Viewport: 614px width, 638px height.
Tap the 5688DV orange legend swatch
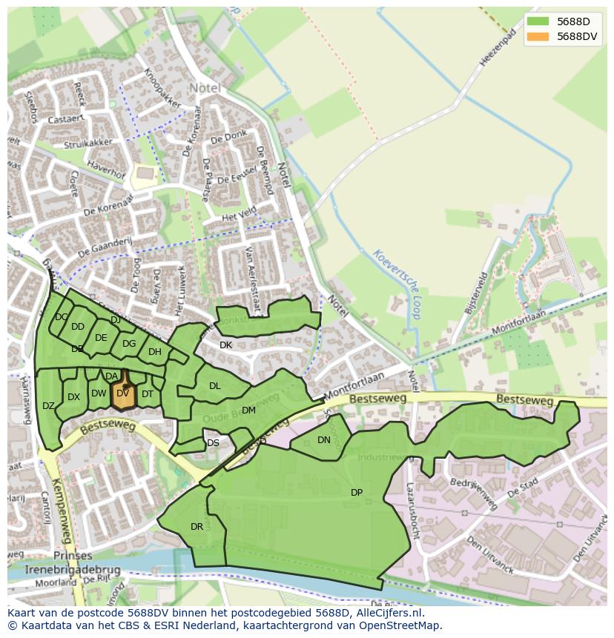pyautogui.click(x=538, y=36)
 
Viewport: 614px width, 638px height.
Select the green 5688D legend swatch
pyautogui.click(x=538, y=21)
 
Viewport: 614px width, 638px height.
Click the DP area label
pyautogui.click(x=357, y=493)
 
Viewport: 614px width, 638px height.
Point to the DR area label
pyautogui.click(x=197, y=527)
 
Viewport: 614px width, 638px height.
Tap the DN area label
pyautogui.click(x=324, y=440)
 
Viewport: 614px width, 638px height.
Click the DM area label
pyautogui.click(x=248, y=411)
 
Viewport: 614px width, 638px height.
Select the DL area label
pyautogui.click(x=215, y=386)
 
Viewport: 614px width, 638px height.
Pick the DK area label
pyautogui.click(x=226, y=345)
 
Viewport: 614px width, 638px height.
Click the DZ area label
pyautogui.click(x=49, y=406)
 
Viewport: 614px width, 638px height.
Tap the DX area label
pyautogui.click(x=73, y=397)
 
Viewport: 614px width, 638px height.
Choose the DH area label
pyautogui.click(x=154, y=352)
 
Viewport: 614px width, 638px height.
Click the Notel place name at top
pyautogui.click(x=205, y=87)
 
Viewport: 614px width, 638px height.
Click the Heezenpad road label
pyautogui.click(x=497, y=48)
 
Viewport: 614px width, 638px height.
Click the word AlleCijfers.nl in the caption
pyautogui.click(x=388, y=613)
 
